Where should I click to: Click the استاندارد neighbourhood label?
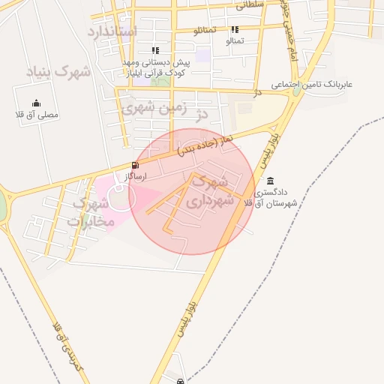point(112,31)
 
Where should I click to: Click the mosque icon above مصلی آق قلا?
point(37,103)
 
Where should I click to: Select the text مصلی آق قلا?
point(37,115)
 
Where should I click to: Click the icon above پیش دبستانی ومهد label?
point(155,50)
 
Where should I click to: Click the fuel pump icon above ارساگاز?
point(134,165)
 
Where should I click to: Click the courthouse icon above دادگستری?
point(270,181)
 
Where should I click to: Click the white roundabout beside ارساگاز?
point(121,197)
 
